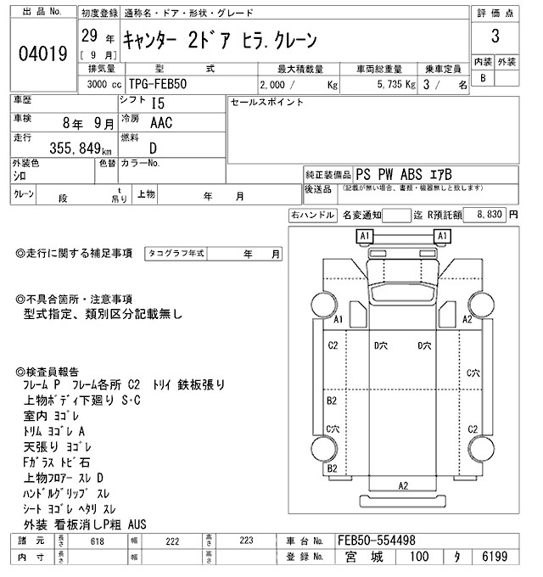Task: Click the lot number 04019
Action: point(42,55)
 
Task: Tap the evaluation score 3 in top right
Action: point(494,39)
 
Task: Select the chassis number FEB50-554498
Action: point(376,541)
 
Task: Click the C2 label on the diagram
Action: point(333,345)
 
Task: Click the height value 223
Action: point(247,541)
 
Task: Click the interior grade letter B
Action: point(483,78)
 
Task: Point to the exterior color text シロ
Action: point(19,174)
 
